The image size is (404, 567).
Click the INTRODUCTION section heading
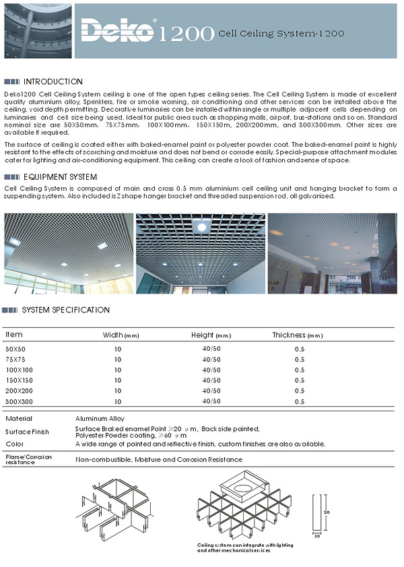click(x=53, y=81)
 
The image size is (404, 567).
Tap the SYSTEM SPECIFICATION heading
click(x=65, y=310)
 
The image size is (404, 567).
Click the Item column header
click(x=14, y=335)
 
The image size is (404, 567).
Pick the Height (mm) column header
click(x=211, y=335)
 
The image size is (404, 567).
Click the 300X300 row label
click(x=18, y=401)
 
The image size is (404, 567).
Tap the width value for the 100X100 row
click(x=118, y=370)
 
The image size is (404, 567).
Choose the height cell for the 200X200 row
click(x=211, y=391)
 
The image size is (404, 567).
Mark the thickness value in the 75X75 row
click(x=300, y=360)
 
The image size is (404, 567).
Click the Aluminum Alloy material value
click(x=100, y=419)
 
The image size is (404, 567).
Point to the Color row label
click(x=14, y=444)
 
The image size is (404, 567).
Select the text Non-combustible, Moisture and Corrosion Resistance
click(x=158, y=459)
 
